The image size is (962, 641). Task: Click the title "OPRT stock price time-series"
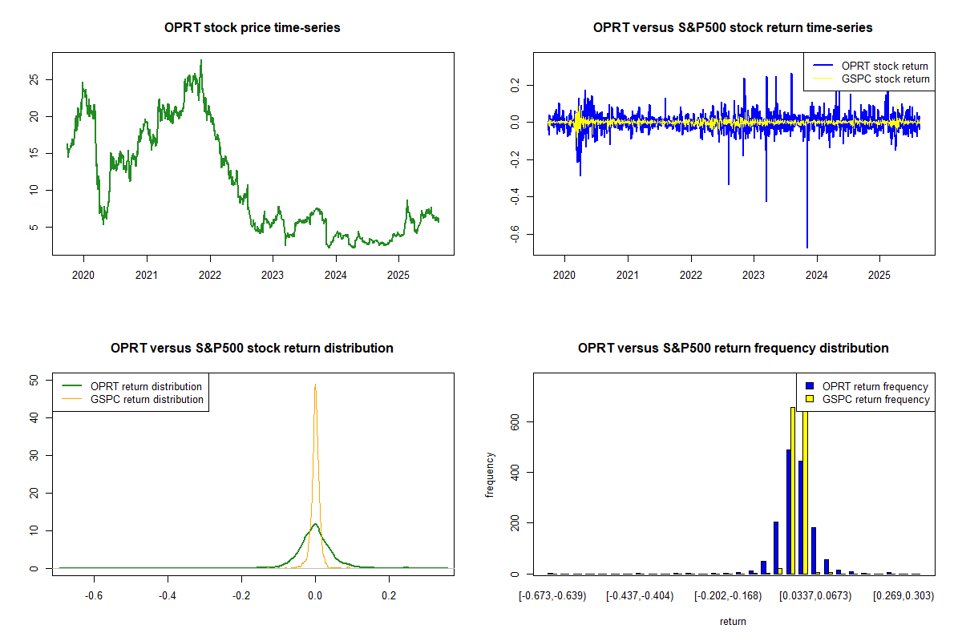click(253, 28)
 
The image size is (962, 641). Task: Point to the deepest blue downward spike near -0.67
click(807, 247)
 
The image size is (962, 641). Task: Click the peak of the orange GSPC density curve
click(316, 385)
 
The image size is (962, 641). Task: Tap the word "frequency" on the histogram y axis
click(490, 475)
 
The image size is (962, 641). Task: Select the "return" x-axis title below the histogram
click(733, 621)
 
